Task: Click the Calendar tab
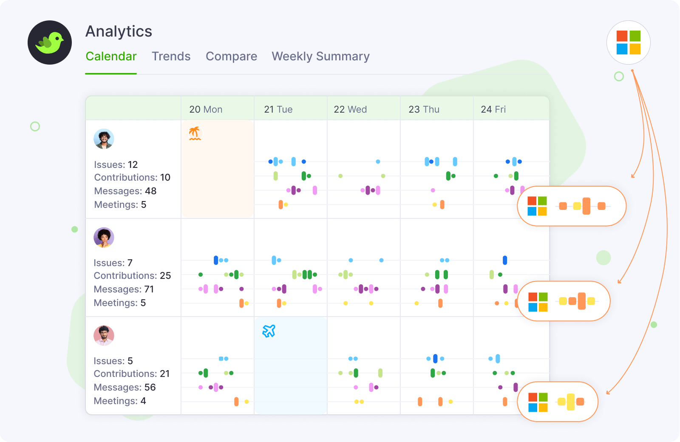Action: point(111,57)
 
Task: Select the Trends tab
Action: point(171,57)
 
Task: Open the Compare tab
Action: point(231,57)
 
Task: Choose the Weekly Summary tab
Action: point(320,57)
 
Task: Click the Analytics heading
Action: point(119,31)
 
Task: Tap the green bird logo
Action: point(50,42)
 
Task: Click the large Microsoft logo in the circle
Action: point(628,42)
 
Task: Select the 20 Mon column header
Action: point(206,109)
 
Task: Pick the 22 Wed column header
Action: point(350,109)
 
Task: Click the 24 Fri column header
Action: point(493,109)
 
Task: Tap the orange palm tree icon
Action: point(195,133)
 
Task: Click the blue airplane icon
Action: point(269,331)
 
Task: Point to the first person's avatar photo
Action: point(104,139)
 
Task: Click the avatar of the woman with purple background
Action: point(104,237)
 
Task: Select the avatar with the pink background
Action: point(104,336)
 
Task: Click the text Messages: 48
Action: point(125,191)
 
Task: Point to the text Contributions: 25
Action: point(132,276)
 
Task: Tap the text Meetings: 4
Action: point(119,401)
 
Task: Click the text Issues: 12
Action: point(116,164)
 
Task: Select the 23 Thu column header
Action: point(424,109)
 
